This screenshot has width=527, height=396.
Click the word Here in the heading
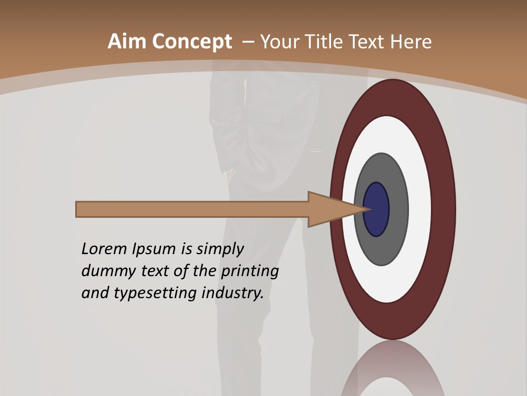pos(412,42)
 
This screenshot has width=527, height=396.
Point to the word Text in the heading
pos(369,42)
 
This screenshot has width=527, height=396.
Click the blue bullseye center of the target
pos(377,209)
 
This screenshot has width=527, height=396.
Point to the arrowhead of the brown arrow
pos(335,209)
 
